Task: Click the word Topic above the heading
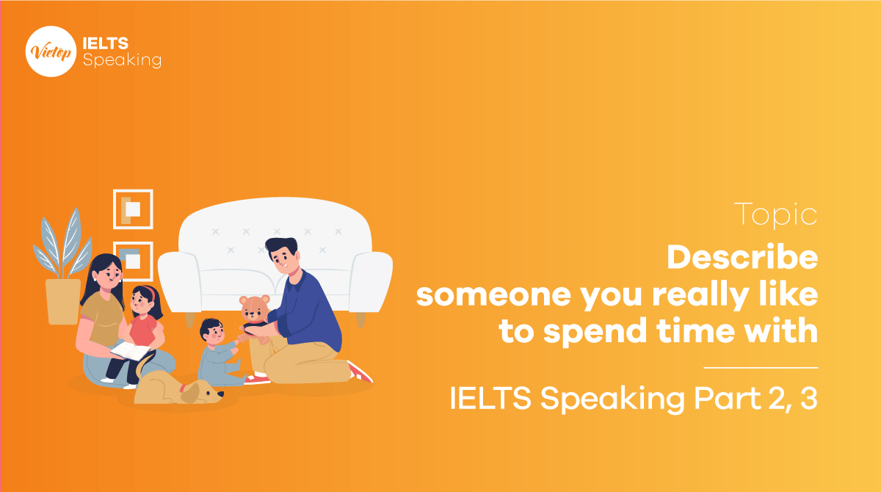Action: (x=775, y=215)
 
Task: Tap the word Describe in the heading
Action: (x=742, y=258)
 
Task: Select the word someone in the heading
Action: (x=489, y=295)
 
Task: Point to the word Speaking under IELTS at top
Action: (x=122, y=61)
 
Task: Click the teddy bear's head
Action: (x=254, y=308)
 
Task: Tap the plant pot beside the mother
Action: (x=63, y=301)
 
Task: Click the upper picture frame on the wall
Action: (x=133, y=209)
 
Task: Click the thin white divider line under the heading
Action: (x=761, y=366)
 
